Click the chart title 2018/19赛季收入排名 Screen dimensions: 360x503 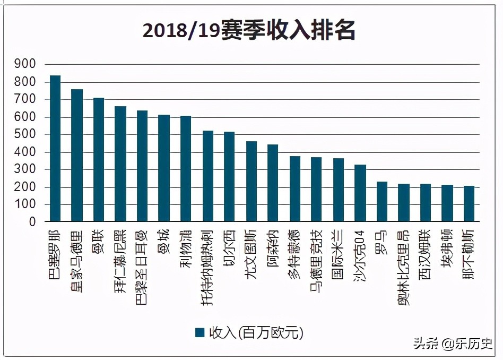pyautogui.click(x=249, y=31)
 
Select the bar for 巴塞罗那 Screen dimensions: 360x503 pyautogui.click(x=55, y=149)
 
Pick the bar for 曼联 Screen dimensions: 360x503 pyautogui.click(x=99, y=160)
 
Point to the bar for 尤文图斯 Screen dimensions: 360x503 pyautogui.click(x=251, y=181)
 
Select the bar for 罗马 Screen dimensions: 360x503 pyautogui.click(x=382, y=201)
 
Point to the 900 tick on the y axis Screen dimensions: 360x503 pyautogui.click(x=25, y=64)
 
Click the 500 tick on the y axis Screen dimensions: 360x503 pyautogui.click(x=25, y=134)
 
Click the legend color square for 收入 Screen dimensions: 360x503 pyautogui.click(x=200, y=332)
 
